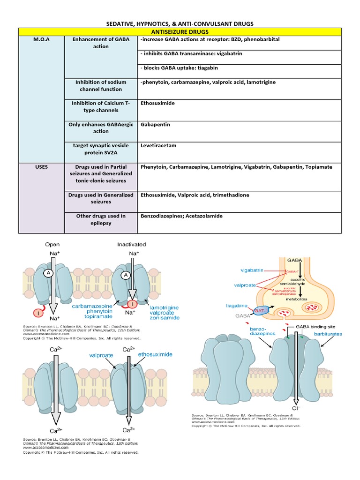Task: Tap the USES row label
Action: tap(40, 166)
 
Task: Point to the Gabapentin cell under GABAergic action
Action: tap(155, 125)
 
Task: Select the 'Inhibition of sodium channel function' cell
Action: tap(101, 86)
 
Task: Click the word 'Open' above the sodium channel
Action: tap(52, 244)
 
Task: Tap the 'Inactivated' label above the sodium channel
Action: tap(131, 244)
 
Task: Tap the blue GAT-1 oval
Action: tap(262, 311)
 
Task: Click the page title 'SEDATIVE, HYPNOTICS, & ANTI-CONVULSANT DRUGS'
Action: tap(180, 23)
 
